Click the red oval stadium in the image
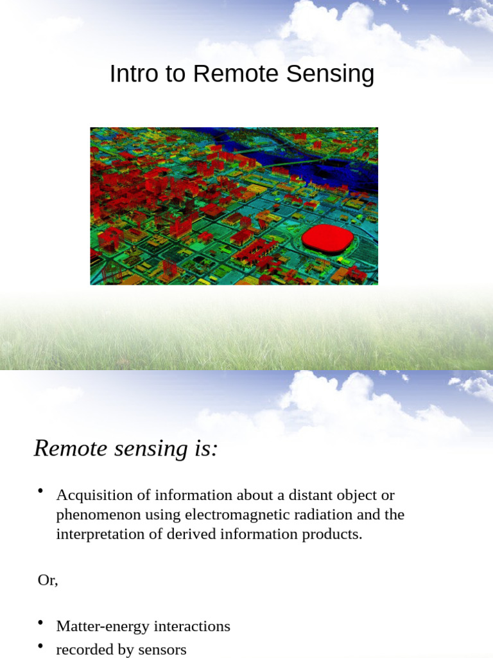point(328,239)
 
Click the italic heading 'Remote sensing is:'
point(126,448)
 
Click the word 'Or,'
point(48,580)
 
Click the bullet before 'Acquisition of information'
point(40,492)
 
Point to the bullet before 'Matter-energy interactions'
point(40,623)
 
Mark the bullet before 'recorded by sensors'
point(40,646)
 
